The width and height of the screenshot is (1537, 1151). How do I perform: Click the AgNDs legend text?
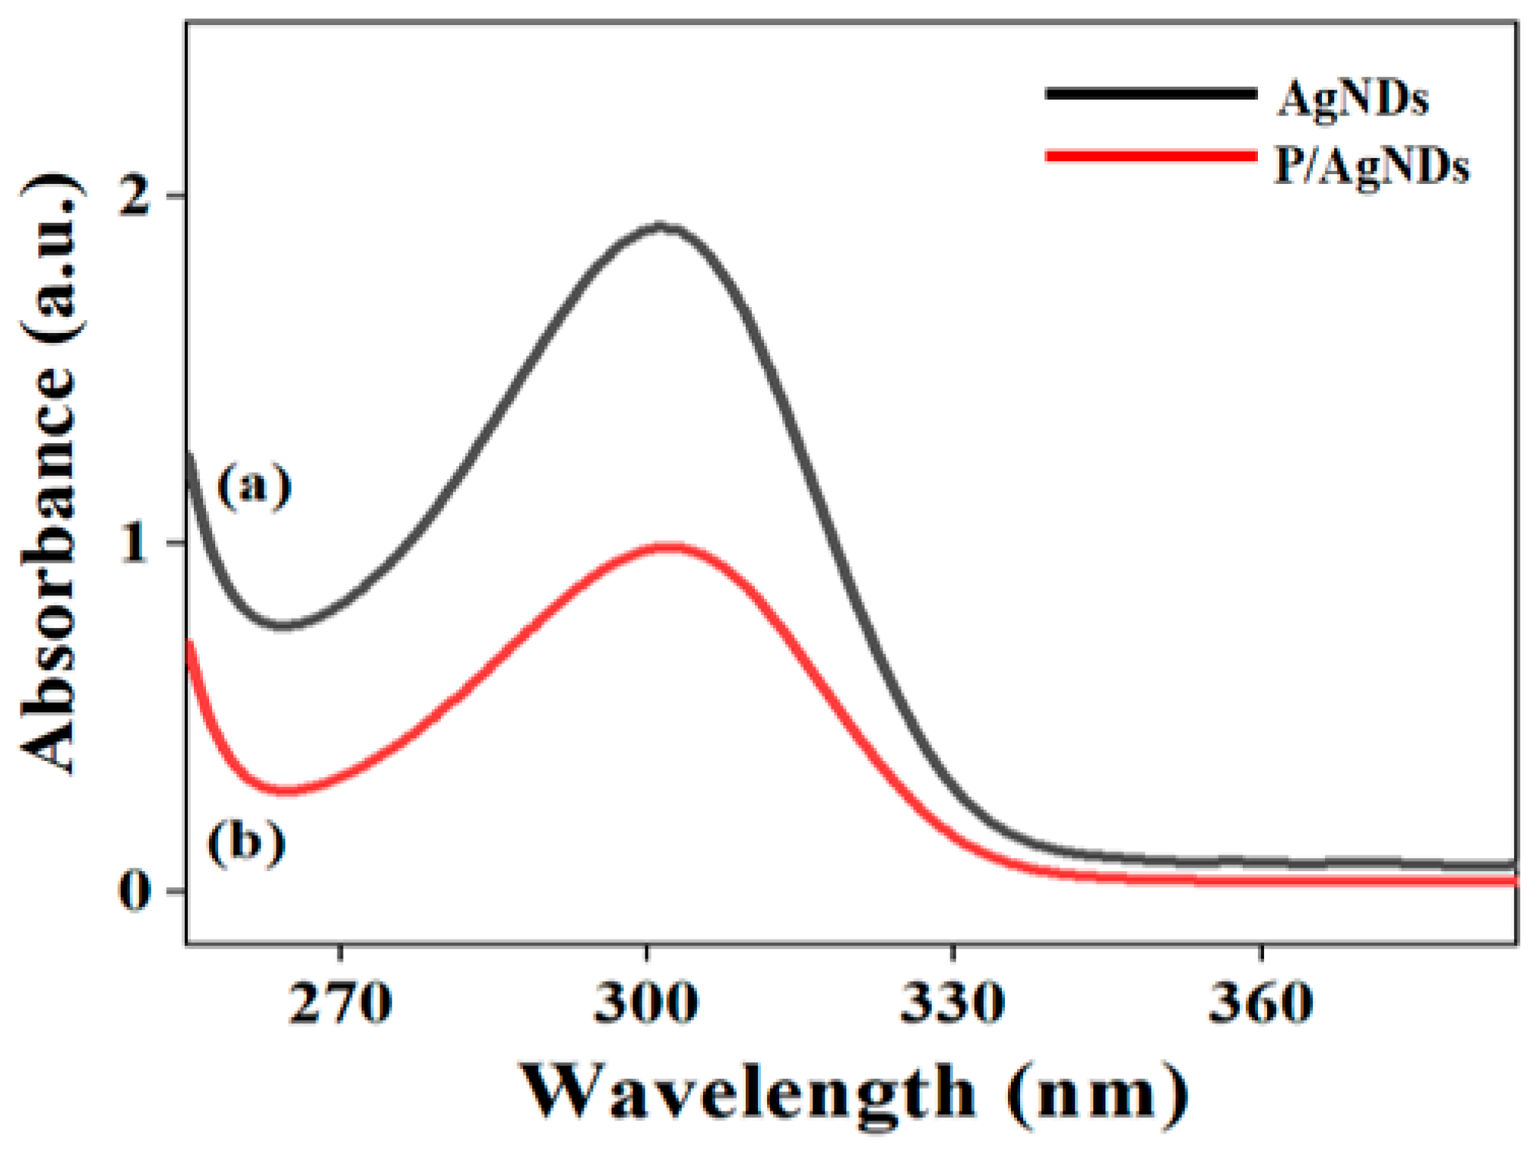tap(1352, 99)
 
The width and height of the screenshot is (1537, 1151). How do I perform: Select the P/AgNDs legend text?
tap(1371, 166)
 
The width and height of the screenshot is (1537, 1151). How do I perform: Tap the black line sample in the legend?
tap(1151, 94)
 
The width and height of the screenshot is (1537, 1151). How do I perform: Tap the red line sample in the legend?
tap(1151, 157)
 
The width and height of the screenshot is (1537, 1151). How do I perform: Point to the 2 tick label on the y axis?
tap(135, 197)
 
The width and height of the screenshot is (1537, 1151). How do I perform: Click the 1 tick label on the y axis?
tap(135, 544)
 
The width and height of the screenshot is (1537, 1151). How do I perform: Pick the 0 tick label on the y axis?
tap(135, 889)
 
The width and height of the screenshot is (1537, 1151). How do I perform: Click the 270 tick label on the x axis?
tap(341, 1003)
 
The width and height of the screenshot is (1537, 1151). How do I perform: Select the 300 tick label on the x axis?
tap(646, 1003)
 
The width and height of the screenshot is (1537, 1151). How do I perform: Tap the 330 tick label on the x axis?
tap(953, 1003)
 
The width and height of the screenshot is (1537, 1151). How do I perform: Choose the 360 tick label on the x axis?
tap(1261, 1003)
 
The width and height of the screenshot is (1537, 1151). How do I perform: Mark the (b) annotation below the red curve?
tap(246, 842)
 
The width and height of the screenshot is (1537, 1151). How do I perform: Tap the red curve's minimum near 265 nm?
tap(286, 790)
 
